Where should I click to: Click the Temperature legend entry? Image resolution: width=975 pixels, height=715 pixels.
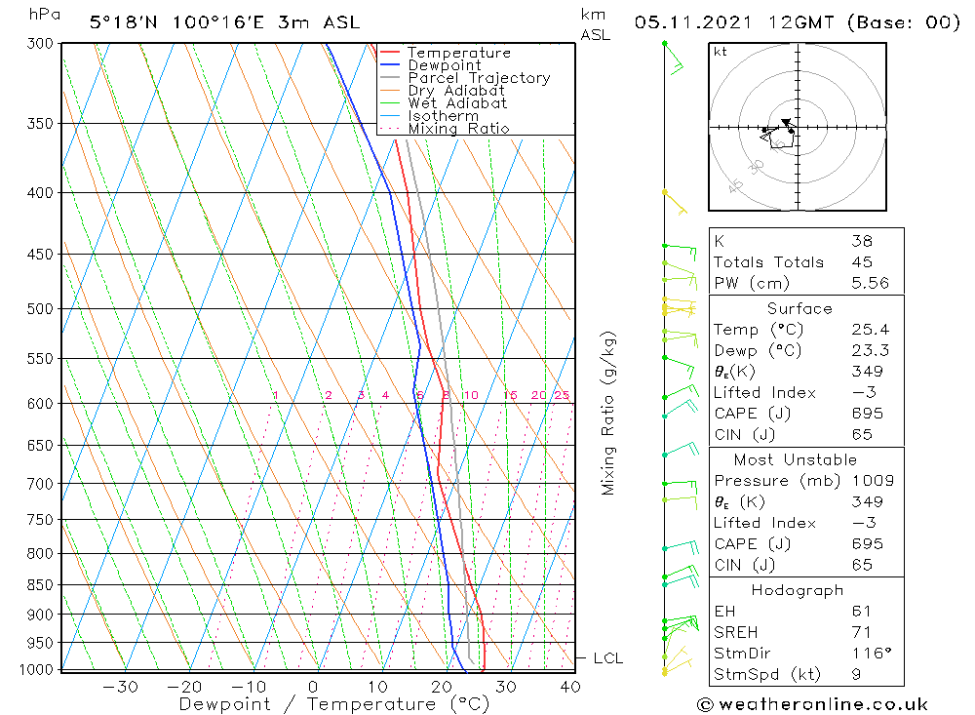458,53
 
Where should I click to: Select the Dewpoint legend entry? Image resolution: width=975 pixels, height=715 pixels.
445,65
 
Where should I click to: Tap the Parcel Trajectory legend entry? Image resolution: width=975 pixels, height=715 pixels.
479,78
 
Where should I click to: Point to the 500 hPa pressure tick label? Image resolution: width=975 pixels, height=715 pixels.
40,309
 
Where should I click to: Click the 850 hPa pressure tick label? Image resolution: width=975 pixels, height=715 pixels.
40,585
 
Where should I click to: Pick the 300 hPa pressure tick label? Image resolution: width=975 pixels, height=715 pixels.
40,44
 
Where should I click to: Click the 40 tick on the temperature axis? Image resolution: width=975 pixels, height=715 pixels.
570,686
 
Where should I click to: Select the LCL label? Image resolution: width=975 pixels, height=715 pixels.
607,658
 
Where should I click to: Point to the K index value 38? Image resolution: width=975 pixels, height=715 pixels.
862,241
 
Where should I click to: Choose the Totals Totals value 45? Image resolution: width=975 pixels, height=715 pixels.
862,261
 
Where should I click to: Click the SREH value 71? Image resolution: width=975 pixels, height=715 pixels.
862,632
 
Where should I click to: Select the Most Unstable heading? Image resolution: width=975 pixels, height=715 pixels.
796,459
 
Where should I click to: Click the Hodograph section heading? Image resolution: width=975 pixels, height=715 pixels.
798,590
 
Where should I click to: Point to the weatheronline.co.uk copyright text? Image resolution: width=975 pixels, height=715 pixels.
812,704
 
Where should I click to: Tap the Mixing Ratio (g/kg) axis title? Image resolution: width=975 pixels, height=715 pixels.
609,413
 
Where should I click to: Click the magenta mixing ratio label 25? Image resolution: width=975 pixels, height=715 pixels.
562,395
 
